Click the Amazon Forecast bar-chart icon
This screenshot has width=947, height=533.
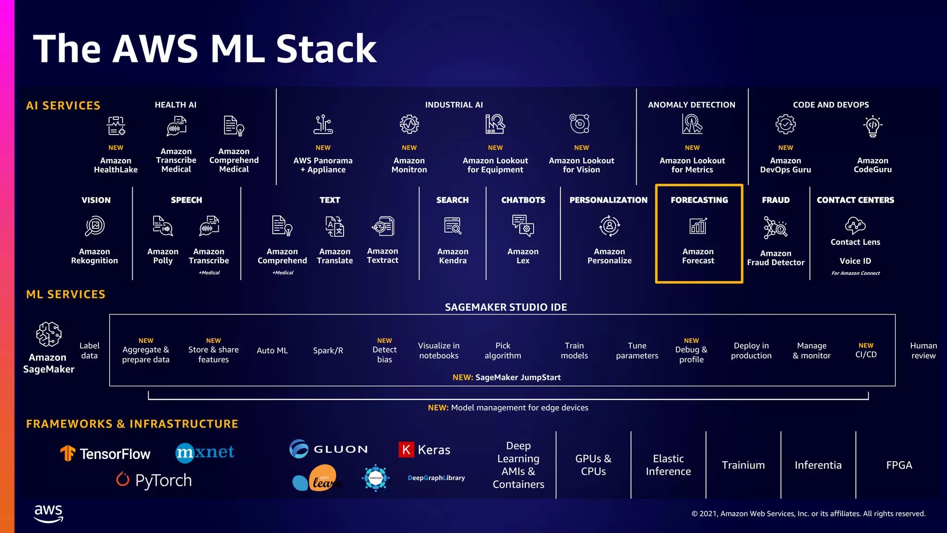(x=698, y=226)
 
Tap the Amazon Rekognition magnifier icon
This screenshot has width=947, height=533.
(x=95, y=226)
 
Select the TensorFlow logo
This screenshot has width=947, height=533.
(x=105, y=453)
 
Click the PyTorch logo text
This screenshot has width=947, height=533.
(x=163, y=480)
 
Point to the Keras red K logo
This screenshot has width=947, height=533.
(x=406, y=449)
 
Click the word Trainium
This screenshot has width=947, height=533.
(x=743, y=465)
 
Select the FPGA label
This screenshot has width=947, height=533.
(x=899, y=465)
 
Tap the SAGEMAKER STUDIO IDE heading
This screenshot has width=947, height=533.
(x=506, y=307)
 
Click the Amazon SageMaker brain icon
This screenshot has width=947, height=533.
(x=49, y=334)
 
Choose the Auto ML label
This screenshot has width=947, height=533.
(x=272, y=351)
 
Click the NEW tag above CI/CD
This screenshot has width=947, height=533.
(x=866, y=346)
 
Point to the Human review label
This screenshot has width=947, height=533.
(x=923, y=351)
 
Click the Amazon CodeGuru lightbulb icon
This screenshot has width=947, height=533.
(x=873, y=126)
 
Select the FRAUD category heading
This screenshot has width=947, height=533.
(x=775, y=200)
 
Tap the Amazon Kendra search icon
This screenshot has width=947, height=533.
(x=453, y=226)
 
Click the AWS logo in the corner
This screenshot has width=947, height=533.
(x=49, y=513)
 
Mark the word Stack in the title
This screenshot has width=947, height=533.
(x=326, y=49)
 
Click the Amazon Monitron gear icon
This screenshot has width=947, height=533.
(x=409, y=124)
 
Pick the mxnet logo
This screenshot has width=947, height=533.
(x=205, y=452)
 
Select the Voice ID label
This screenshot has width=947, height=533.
(x=855, y=261)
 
